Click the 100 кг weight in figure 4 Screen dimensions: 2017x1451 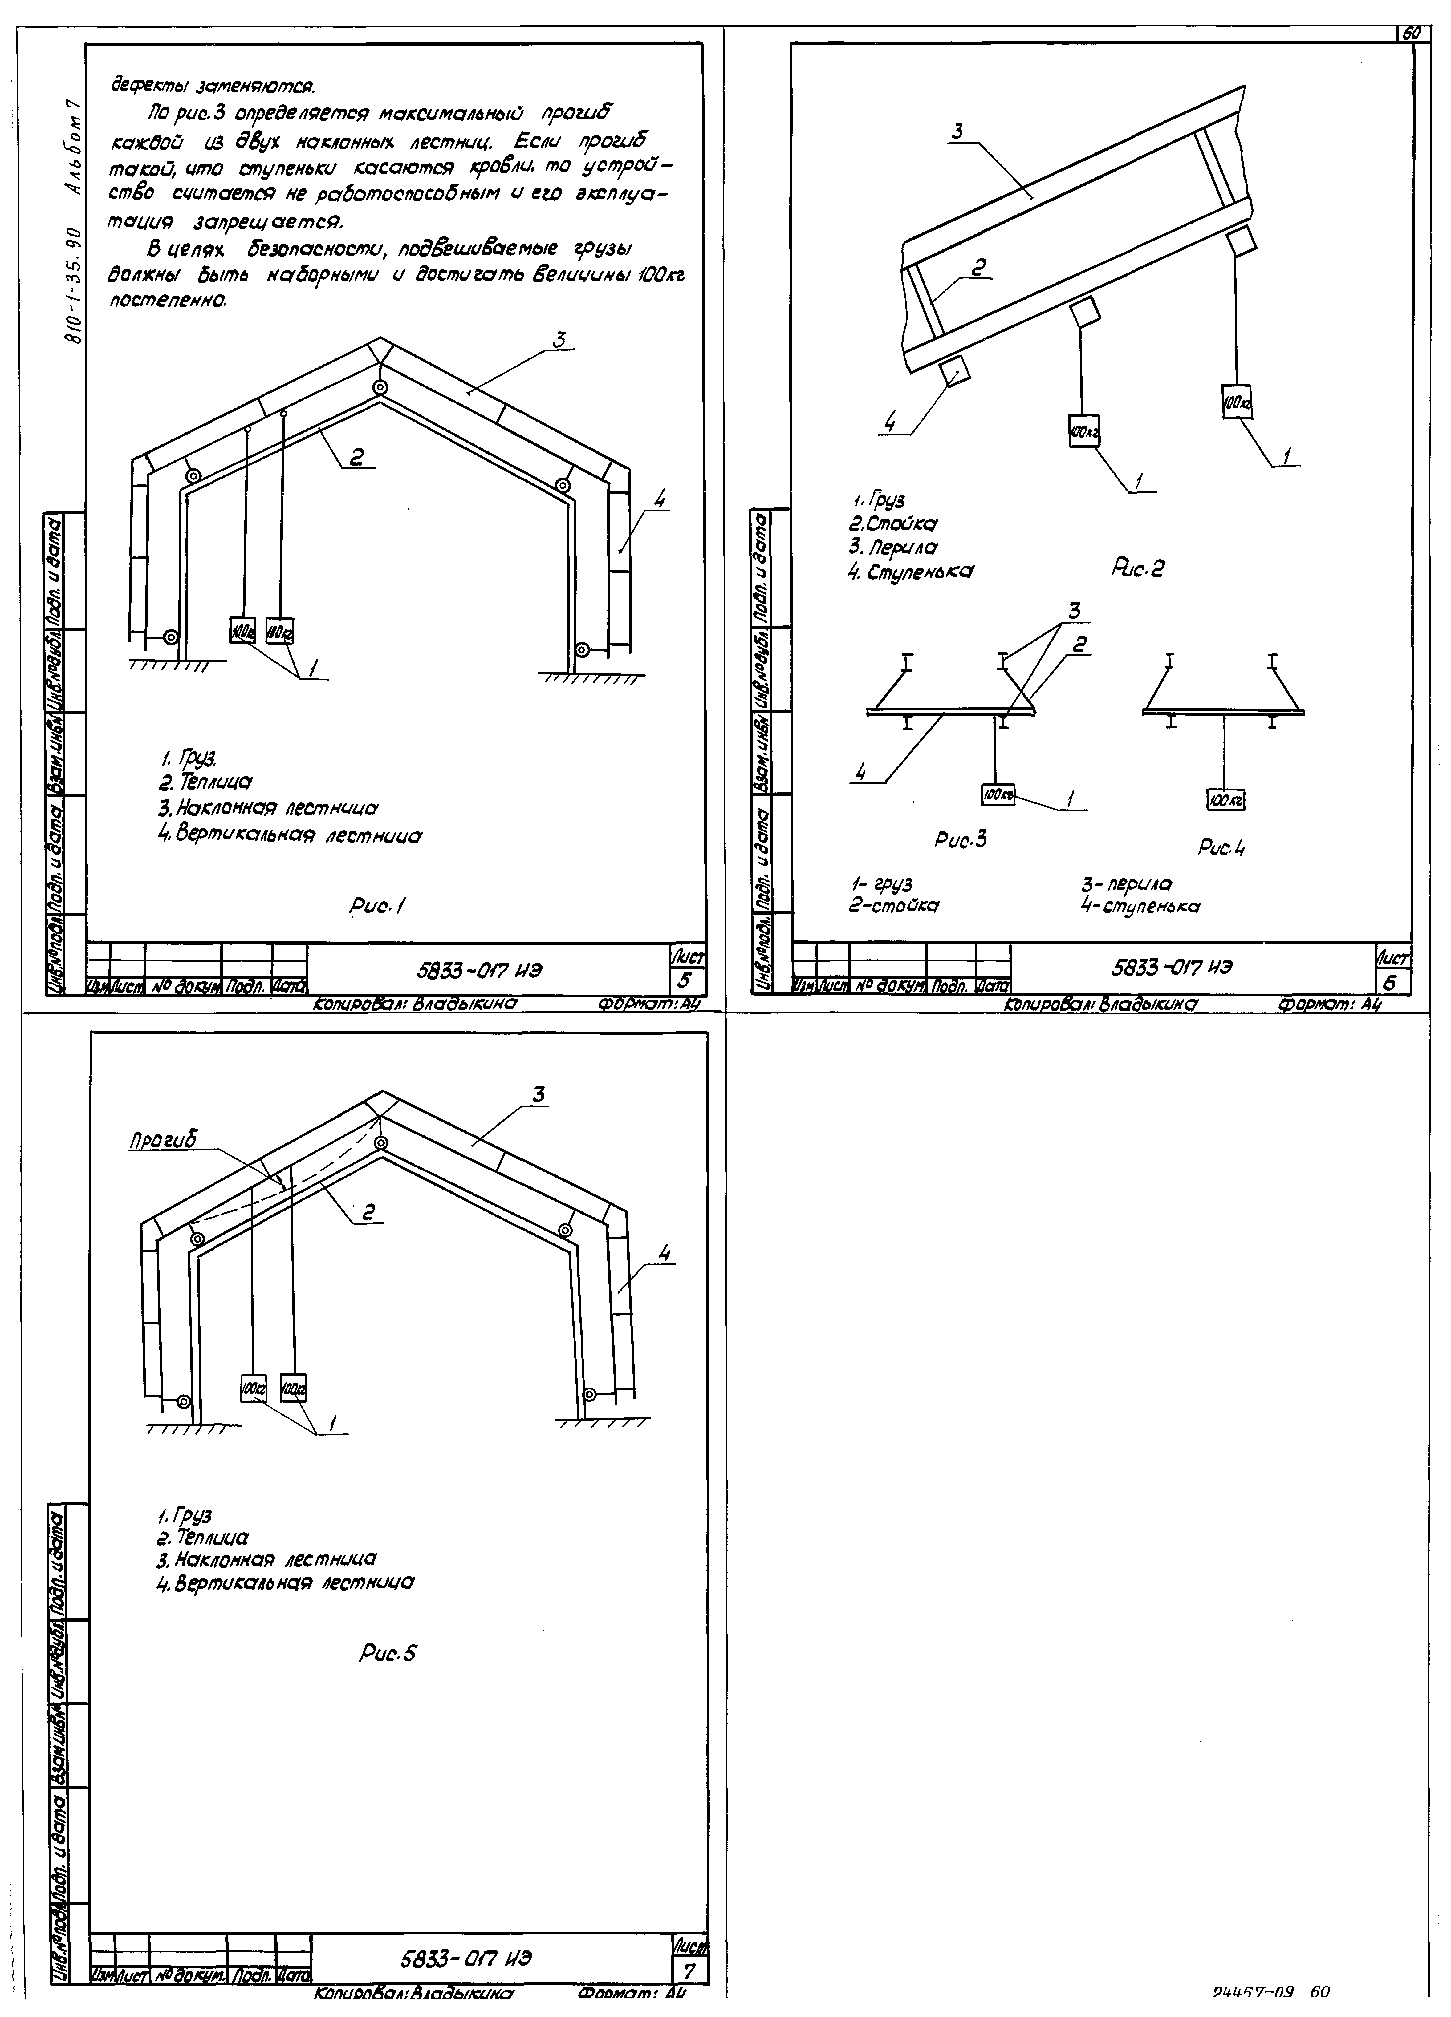pos(1225,801)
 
